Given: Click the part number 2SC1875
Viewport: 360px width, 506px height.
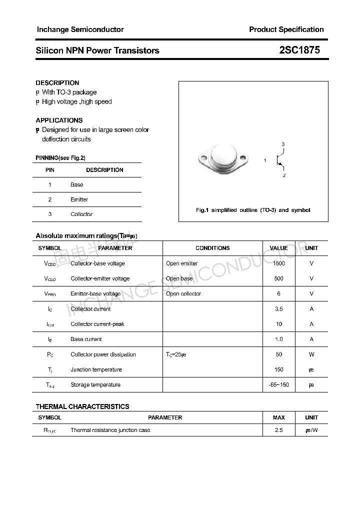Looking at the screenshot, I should coord(299,50).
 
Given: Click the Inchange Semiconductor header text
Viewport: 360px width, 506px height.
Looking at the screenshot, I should coord(80,29).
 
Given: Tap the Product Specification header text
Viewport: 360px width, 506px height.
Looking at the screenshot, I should coord(286,29).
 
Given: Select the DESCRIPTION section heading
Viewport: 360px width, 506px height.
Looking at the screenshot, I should coord(57,83).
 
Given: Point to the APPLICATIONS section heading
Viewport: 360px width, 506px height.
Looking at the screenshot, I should coord(59,120).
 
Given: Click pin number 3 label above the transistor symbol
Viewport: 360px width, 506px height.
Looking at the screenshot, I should coord(283,144).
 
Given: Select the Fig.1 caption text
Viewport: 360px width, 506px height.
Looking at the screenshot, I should coord(253,210).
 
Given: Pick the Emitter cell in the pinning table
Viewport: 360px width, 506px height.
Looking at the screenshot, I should coord(79,199).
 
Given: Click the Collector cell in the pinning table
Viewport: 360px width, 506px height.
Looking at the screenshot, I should coord(81,214).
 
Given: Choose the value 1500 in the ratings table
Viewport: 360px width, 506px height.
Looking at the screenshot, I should coord(278,263).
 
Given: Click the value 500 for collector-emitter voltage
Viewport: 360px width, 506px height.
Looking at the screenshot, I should coord(278,278).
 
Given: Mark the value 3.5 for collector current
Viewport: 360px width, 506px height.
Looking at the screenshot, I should coord(278,309).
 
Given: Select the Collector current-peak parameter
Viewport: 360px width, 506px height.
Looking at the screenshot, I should coord(97,324).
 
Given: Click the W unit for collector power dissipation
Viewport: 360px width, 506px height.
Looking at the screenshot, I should coord(311,354).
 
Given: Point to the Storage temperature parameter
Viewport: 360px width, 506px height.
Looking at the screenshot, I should coord(95,385).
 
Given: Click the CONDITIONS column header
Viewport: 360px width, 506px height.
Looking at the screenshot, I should coord(212,248).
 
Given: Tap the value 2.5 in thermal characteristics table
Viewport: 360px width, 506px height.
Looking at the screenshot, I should coord(278,430).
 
